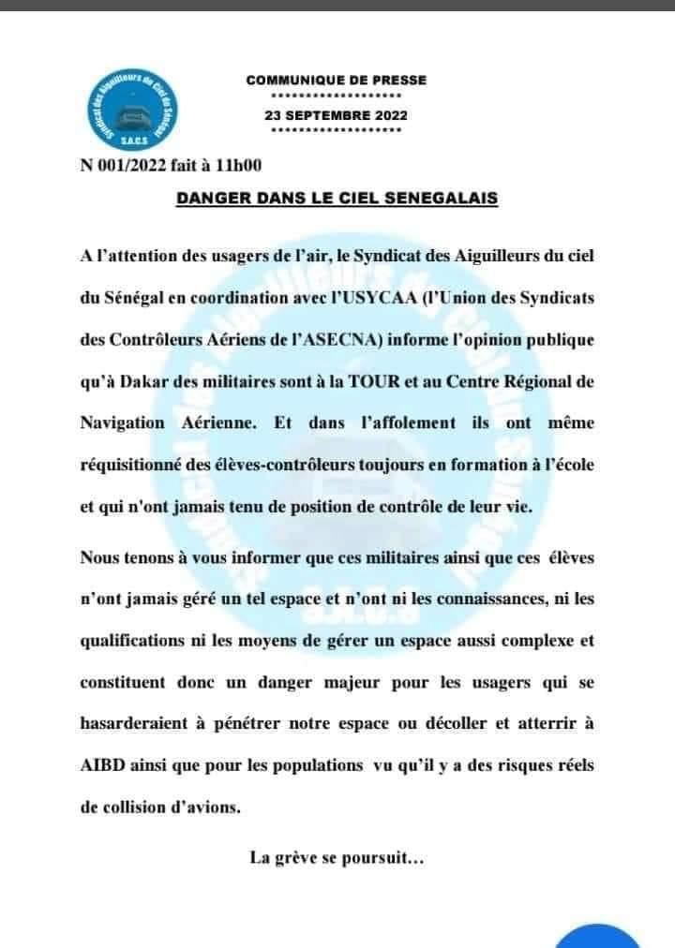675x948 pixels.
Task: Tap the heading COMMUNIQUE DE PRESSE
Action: pyautogui.click(x=336, y=81)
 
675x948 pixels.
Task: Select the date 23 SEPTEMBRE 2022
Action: pyautogui.click(x=336, y=115)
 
